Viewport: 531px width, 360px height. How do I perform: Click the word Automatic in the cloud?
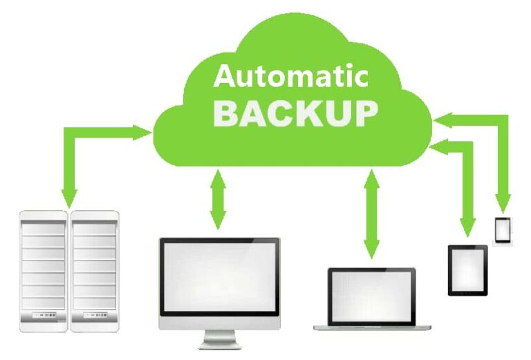(x=290, y=76)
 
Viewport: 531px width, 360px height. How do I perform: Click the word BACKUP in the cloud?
(x=296, y=114)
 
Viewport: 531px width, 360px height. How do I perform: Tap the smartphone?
(x=503, y=230)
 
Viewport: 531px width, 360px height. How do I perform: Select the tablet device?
(x=467, y=270)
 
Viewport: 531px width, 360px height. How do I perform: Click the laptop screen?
(x=372, y=296)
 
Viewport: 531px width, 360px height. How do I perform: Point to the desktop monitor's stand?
(x=219, y=339)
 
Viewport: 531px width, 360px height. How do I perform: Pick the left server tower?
(x=44, y=271)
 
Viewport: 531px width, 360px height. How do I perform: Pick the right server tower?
(x=95, y=271)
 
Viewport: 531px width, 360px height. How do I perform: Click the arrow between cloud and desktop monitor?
(x=218, y=200)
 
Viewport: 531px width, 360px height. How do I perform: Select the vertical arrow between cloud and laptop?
(x=372, y=214)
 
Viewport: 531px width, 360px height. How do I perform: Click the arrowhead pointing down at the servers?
(x=69, y=198)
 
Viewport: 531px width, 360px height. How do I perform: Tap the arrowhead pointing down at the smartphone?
(x=503, y=204)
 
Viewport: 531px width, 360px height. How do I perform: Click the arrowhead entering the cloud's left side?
(x=142, y=132)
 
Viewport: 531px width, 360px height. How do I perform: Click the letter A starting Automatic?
(x=225, y=76)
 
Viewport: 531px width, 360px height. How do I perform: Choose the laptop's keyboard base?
(x=372, y=328)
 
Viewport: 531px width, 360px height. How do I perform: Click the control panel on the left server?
(x=44, y=315)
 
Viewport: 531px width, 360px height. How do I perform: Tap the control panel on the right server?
(x=95, y=315)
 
